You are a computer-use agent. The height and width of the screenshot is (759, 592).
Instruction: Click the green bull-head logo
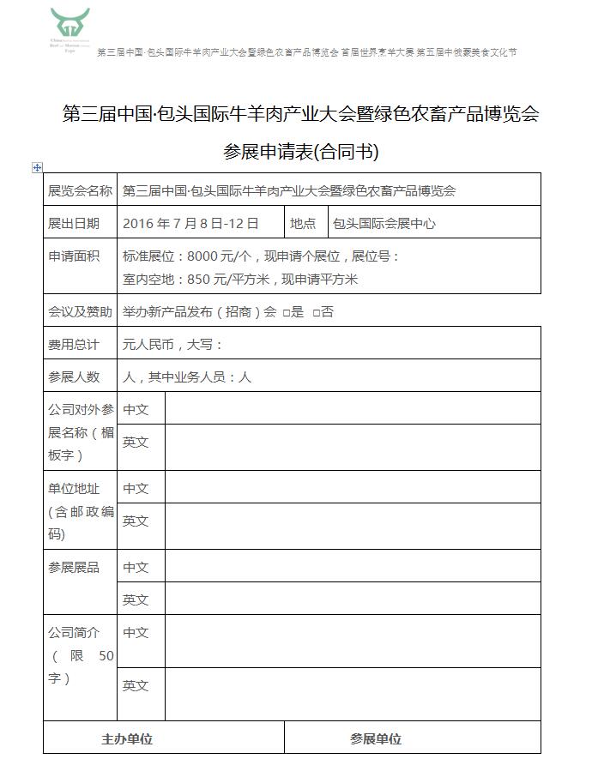(69, 26)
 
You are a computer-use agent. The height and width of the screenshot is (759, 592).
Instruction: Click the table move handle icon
(37, 167)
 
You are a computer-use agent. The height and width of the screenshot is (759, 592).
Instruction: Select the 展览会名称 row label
(80, 190)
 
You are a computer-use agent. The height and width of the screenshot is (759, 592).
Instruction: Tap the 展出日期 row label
(74, 223)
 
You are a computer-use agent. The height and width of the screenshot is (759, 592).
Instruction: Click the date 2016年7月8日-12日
(190, 223)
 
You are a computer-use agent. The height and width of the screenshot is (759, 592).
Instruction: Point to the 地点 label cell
(303, 223)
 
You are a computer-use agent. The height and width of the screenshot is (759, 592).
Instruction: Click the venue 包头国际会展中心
(384, 223)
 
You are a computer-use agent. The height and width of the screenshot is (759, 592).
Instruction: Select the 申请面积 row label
(74, 256)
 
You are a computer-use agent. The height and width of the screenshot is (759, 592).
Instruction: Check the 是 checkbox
(286, 313)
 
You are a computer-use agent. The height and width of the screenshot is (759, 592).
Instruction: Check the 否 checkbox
(316, 313)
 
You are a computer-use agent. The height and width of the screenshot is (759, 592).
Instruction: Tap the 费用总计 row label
(74, 345)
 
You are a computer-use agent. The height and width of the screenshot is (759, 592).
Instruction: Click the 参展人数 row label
(74, 376)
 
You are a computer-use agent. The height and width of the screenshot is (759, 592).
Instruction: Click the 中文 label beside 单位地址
(136, 488)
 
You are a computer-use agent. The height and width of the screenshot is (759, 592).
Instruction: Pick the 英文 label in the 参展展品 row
(136, 599)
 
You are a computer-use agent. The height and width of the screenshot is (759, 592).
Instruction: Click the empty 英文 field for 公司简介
(353, 694)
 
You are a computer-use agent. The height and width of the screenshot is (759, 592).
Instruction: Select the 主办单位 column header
(127, 738)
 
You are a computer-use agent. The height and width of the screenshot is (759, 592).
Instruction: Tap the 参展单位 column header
(376, 738)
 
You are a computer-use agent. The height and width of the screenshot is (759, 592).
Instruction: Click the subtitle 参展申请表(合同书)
(300, 152)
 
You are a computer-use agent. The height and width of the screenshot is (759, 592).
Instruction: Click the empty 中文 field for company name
(353, 409)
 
